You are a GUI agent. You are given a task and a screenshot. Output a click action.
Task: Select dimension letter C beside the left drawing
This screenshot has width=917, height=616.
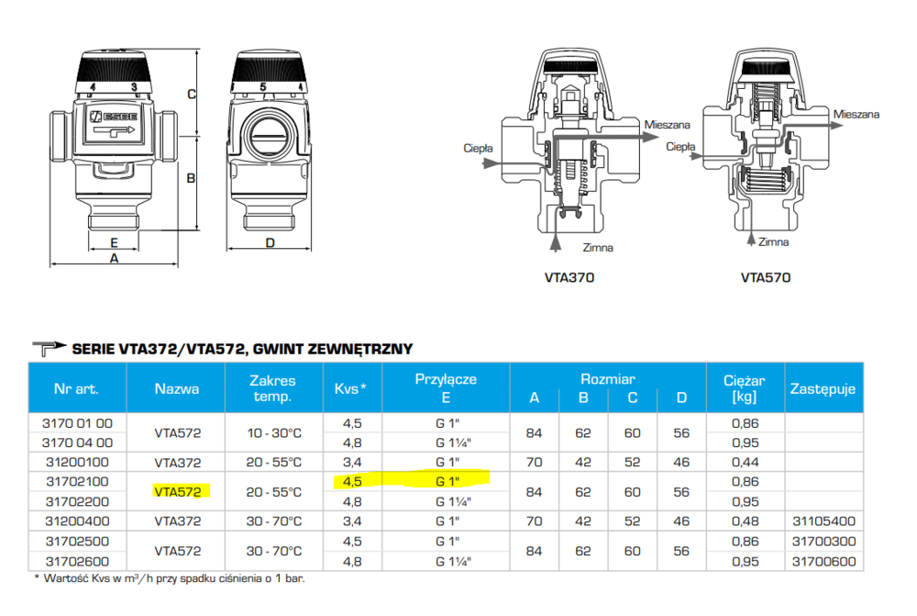click(x=191, y=94)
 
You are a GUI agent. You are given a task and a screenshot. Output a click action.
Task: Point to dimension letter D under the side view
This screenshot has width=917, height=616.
click(x=270, y=243)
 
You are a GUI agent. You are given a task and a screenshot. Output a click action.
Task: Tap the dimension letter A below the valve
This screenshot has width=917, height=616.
click(x=114, y=259)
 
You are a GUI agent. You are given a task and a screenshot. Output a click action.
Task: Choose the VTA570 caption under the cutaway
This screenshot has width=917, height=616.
click(x=766, y=277)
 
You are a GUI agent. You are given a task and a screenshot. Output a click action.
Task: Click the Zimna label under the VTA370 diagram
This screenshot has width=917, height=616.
click(x=598, y=248)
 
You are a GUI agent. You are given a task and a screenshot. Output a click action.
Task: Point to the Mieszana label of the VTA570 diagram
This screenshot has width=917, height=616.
click(x=856, y=115)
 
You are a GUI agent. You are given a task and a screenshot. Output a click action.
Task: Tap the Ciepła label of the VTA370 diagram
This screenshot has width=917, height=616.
click(x=478, y=147)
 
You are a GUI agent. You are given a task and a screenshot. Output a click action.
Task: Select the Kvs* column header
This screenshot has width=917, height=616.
click(x=350, y=388)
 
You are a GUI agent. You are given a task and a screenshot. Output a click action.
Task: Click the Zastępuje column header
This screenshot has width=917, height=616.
click(x=822, y=388)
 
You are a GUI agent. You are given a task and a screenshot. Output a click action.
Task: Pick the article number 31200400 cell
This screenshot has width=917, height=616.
click(x=77, y=521)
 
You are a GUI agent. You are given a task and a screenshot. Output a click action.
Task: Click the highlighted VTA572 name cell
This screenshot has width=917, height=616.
click(x=177, y=492)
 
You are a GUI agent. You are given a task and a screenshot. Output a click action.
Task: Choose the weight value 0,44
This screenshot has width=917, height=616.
click(x=745, y=463)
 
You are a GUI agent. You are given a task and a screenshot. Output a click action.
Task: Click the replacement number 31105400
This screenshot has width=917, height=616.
click(x=822, y=521)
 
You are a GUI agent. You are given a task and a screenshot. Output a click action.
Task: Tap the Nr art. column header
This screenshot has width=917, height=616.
click(x=77, y=388)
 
